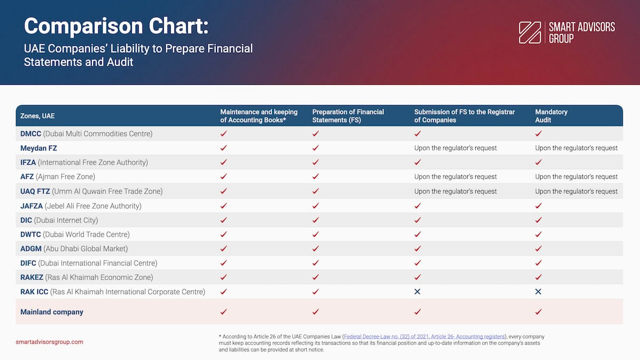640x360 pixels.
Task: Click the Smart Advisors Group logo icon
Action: (x=530, y=33)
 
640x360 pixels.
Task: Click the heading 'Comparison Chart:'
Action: (x=116, y=26)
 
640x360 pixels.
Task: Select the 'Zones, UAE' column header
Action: (x=37, y=116)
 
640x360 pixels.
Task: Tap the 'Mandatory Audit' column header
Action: (x=551, y=116)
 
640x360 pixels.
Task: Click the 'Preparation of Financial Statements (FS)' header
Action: (x=348, y=116)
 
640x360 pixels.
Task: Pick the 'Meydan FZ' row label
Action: (x=38, y=148)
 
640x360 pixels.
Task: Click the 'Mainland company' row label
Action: (x=52, y=312)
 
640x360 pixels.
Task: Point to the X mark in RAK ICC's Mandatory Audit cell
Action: (x=538, y=292)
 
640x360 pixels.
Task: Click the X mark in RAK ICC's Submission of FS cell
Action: (x=417, y=292)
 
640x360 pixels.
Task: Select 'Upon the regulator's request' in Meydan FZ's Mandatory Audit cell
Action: (x=576, y=148)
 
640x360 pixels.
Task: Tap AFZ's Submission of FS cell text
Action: (x=455, y=177)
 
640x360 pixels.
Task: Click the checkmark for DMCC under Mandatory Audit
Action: (x=538, y=134)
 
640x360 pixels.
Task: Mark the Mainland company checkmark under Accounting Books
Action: (x=223, y=312)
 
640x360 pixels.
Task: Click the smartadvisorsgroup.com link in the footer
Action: (x=50, y=342)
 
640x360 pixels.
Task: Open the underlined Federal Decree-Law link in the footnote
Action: (x=424, y=337)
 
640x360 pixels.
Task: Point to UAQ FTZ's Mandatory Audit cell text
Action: (x=576, y=191)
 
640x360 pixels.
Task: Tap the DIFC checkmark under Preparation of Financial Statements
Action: (x=315, y=263)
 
